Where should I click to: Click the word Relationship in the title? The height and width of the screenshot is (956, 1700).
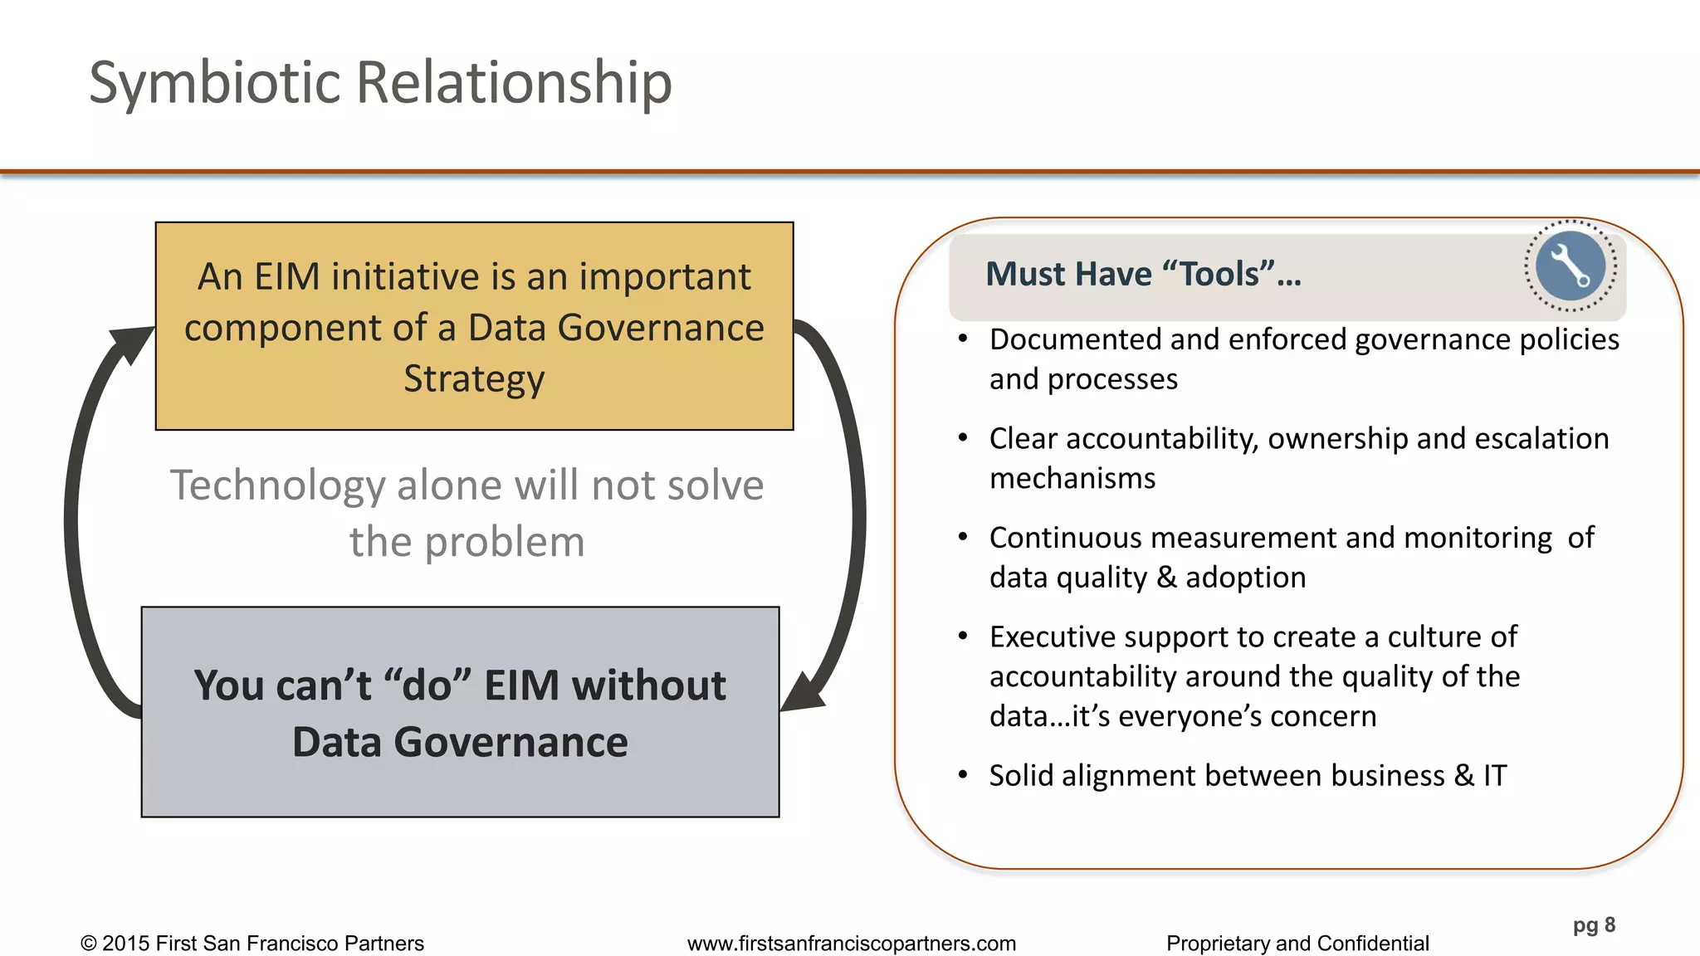click(x=515, y=83)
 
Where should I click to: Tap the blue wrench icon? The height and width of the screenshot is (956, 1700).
click(x=1570, y=266)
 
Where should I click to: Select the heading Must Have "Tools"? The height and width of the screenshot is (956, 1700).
click(x=1143, y=274)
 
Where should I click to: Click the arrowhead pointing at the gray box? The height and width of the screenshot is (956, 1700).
click(x=802, y=694)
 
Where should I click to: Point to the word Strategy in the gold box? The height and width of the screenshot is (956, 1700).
click(x=474, y=378)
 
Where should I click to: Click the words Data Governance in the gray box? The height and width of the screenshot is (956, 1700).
click(x=460, y=742)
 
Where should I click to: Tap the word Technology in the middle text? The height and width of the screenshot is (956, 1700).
click(x=277, y=485)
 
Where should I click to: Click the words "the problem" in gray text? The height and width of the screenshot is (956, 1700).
click(x=467, y=542)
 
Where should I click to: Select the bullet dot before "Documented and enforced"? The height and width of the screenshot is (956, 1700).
click(x=963, y=339)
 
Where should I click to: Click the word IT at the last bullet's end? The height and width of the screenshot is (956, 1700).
click(x=1495, y=775)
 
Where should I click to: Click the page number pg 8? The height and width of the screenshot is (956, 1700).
click(x=1594, y=924)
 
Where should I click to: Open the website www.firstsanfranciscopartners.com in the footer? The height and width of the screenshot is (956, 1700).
click(x=852, y=944)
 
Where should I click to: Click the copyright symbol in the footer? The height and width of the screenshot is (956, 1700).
click(x=89, y=944)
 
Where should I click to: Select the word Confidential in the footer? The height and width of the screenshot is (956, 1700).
click(x=1373, y=944)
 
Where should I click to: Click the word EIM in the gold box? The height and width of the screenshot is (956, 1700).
click(x=287, y=276)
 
